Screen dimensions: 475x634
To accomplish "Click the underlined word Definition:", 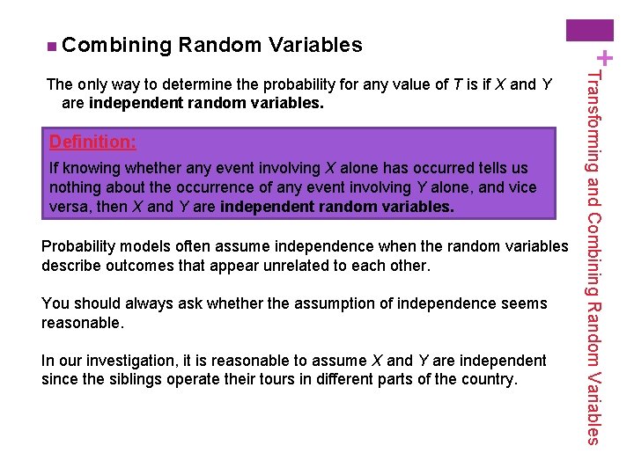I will point(92,142).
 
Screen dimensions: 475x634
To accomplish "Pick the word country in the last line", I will point(487,380).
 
